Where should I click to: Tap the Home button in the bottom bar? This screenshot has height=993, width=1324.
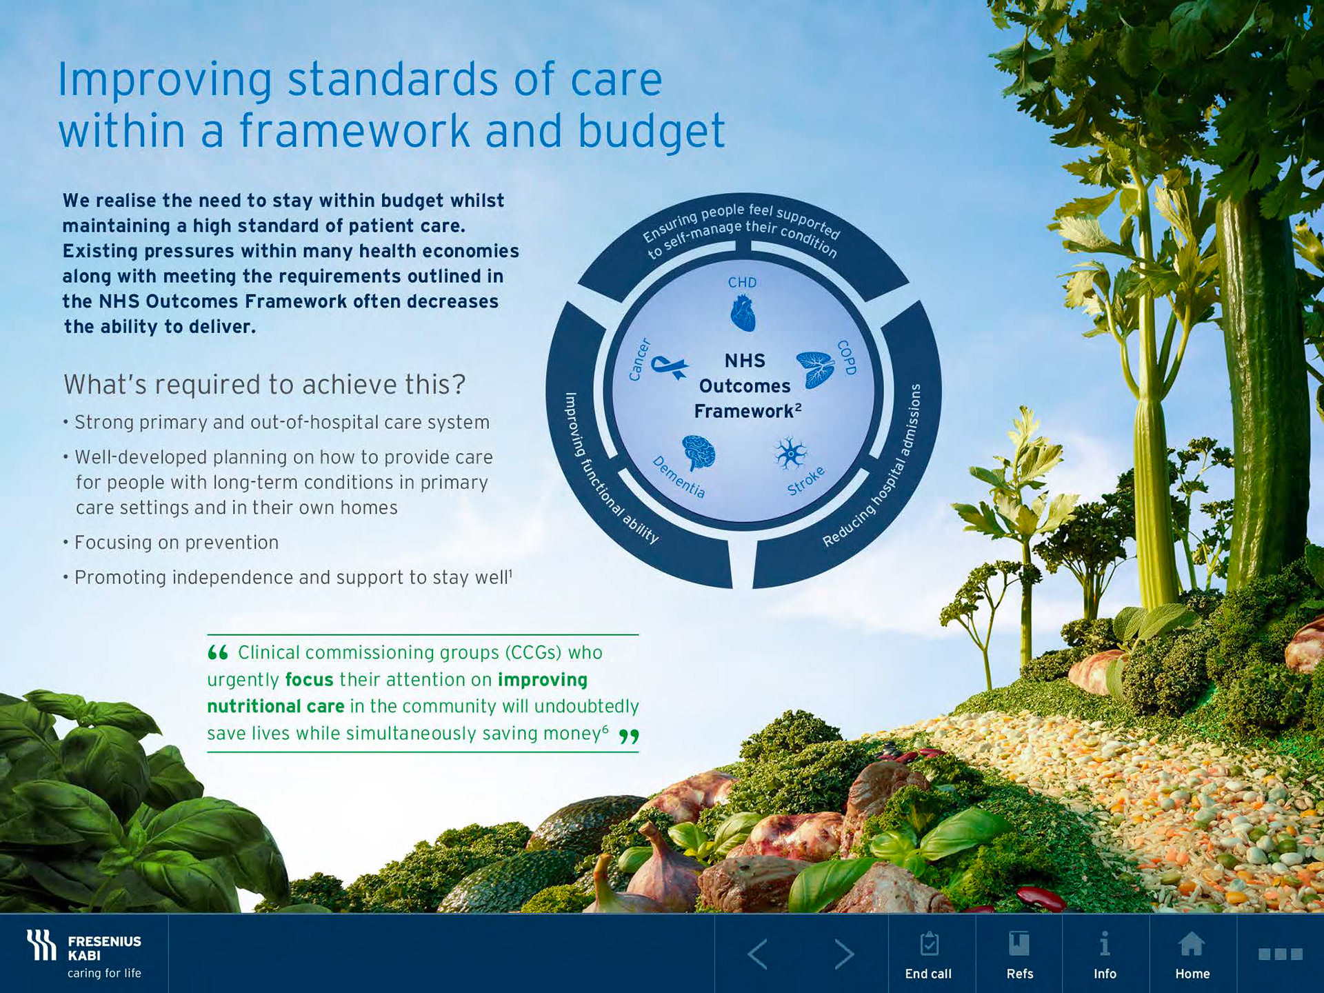[1192, 954]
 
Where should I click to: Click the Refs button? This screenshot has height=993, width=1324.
[1019, 954]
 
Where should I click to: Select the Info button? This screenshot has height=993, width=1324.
[1105, 954]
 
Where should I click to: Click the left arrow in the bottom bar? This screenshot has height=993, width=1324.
[757, 954]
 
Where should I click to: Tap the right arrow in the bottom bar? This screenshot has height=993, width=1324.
[844, 954]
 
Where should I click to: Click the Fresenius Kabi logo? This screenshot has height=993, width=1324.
[83, 954]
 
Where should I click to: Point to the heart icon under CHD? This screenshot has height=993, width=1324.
[743, 313]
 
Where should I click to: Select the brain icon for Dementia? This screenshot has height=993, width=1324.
[699, 453]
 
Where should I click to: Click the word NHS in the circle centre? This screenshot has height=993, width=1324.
[745, 361]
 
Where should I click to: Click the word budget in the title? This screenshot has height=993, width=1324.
[651, 131]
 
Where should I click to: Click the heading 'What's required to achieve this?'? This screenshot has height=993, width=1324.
[265, 385]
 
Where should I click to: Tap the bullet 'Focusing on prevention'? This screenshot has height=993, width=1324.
[176, 543]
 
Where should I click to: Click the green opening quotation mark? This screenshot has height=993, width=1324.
[218, 652]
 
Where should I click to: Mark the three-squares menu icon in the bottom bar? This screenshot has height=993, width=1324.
[1281, 954]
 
